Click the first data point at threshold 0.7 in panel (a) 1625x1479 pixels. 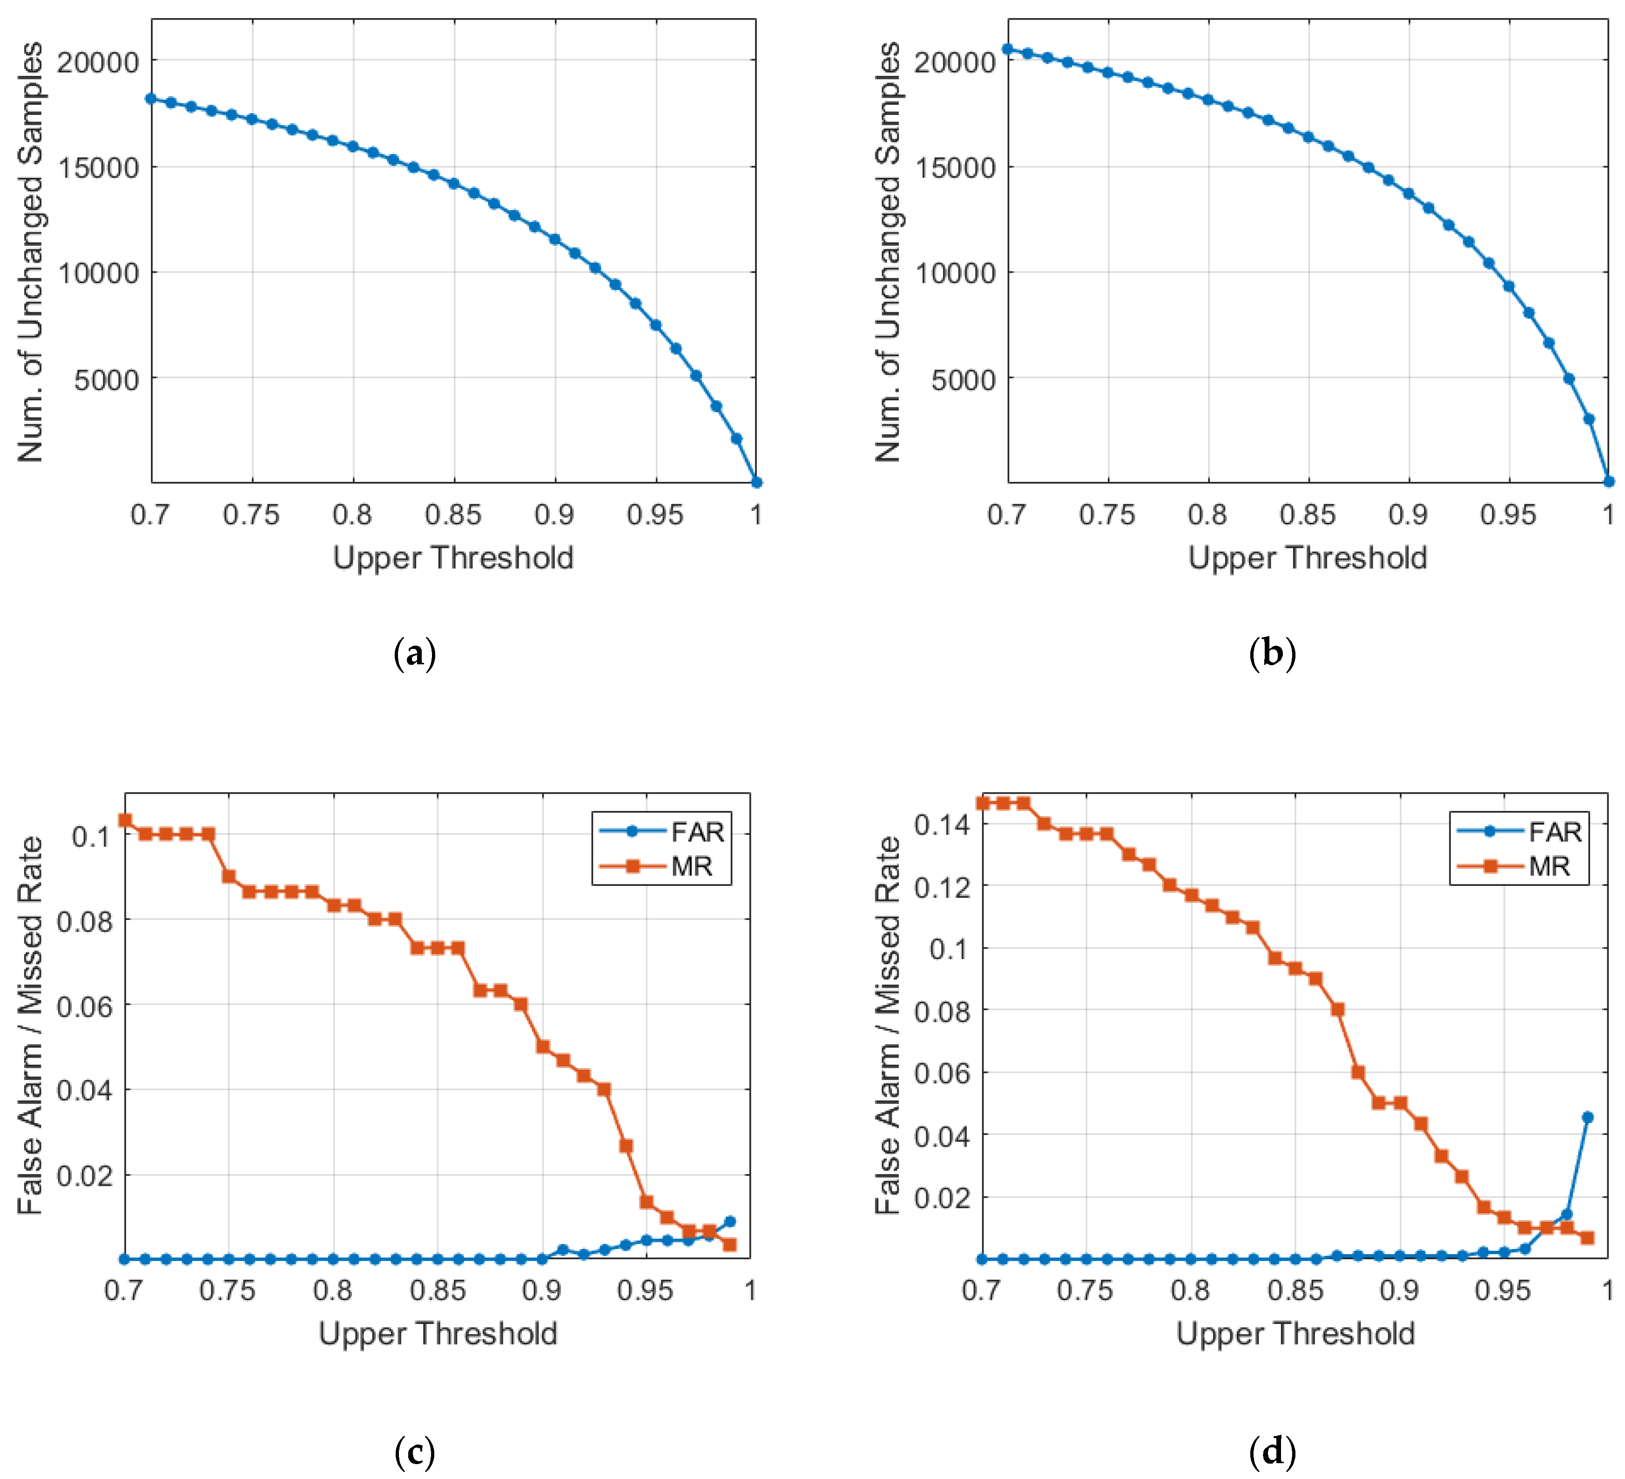click(x=151, y=98)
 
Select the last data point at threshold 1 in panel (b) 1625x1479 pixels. click(x=1608, y=482)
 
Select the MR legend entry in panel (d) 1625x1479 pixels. click(x=1548, y=866)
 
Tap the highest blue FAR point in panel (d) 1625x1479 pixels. click(x=1587, y=1117)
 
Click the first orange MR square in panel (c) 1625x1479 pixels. click(x=125, y=820)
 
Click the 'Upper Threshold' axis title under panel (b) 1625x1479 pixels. click(x=1308, y=558)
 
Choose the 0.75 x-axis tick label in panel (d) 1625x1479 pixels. click(x=1085, y=1290)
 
